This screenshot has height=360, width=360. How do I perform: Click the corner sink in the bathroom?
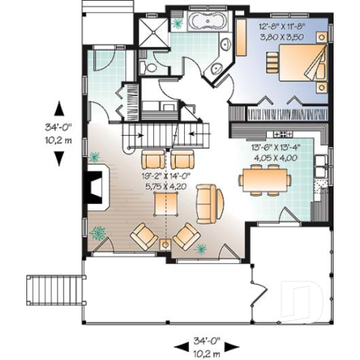pos(218,69)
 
